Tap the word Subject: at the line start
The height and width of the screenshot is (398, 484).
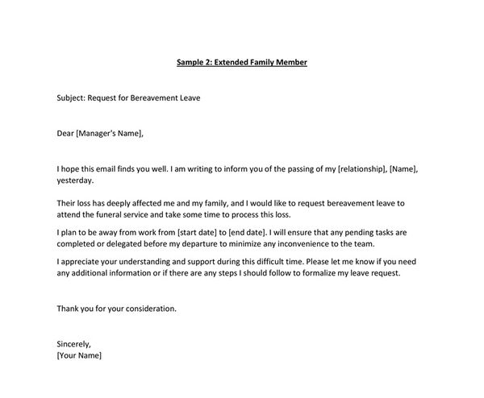[x=74, y=98]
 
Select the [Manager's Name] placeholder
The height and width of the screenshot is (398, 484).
[x=111, y=134]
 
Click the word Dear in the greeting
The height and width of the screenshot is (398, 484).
[x=65, y=134]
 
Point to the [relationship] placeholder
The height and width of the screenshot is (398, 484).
[x=366, y=169]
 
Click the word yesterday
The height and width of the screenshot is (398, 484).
[x=75, y=180]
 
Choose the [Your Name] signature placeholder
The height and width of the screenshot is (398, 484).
[x=79, y=355]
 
